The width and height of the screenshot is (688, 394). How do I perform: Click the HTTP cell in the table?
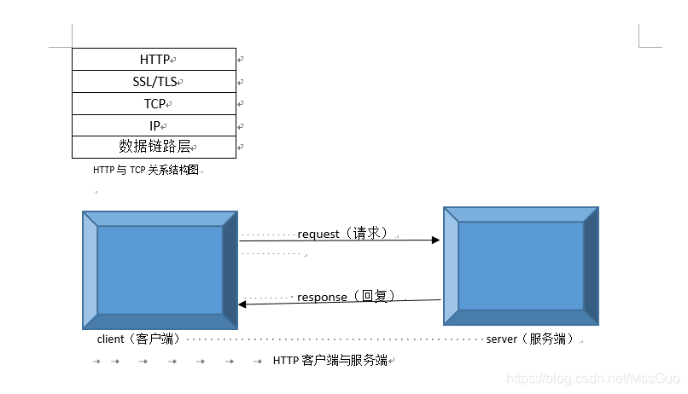point(155,60)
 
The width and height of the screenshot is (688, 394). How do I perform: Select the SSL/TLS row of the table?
point(154,82)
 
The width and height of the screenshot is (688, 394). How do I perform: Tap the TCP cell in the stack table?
point(155,104)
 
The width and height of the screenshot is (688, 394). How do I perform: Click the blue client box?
point(160,269)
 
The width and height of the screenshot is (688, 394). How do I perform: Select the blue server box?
point(521,265)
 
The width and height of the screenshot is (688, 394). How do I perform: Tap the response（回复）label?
point(345,297)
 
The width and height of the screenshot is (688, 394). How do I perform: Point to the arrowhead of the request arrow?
point(436,240)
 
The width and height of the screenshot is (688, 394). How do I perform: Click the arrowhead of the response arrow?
point(242,304)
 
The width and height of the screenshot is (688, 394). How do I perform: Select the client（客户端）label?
point(138,339)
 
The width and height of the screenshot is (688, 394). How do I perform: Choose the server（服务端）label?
point(529,339)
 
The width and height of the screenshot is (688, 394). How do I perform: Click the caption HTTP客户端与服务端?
point(329,361)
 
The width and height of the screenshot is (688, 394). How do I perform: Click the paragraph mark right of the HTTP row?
point(242,60)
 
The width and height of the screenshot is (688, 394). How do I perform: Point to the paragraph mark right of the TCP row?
point(242,104)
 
